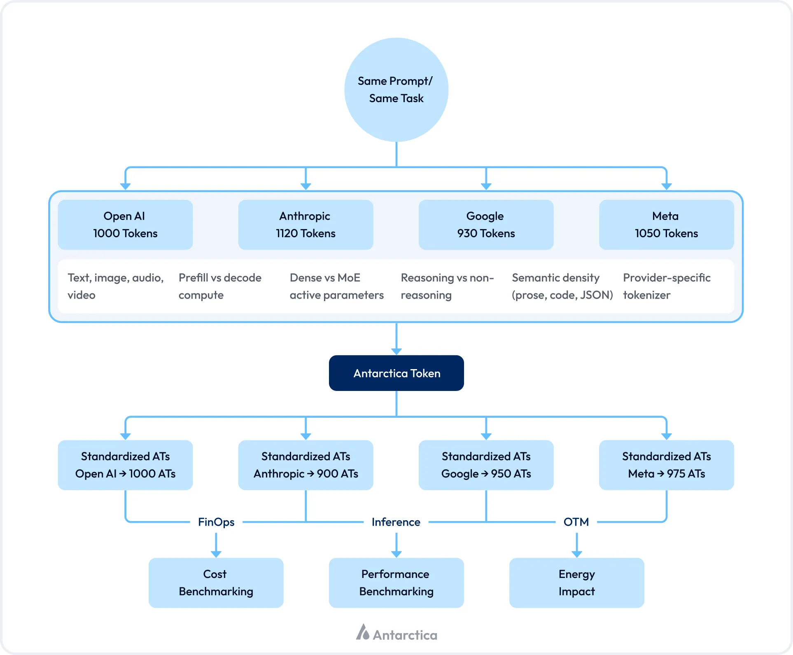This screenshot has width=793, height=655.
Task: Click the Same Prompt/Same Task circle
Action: click(396, 90)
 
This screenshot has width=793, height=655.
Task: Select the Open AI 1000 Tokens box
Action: click(125, 225)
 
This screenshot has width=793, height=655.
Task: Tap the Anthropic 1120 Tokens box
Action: click(306, 225)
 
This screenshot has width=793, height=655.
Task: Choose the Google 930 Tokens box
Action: click(486, 225)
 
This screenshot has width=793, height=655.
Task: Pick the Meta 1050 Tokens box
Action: click(666, 225)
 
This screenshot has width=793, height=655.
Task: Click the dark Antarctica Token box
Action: click(396, 373)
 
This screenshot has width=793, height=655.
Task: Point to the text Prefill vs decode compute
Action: click(220, 286)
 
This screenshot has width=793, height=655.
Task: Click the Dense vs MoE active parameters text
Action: click(336, 286)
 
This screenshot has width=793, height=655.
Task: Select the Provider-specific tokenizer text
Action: click(666, 286)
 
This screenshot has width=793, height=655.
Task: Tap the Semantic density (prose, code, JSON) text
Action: click(562, 286)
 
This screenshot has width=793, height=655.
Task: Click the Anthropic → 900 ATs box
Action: click(306, 465)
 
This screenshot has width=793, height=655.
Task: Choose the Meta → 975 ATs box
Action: click(666, 465)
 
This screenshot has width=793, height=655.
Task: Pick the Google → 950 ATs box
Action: click(486, 465)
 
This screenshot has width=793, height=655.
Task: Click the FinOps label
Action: click(216, 522)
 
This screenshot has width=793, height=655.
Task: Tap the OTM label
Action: click(576, 522)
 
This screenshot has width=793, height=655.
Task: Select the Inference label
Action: click(396, 522)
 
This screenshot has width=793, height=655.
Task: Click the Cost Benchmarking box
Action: click(216, 583)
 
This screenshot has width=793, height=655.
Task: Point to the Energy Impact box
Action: click(576, 583)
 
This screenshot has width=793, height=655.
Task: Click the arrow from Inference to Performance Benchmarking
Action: click(396, 545)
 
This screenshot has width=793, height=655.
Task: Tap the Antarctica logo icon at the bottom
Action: click(363, 632)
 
